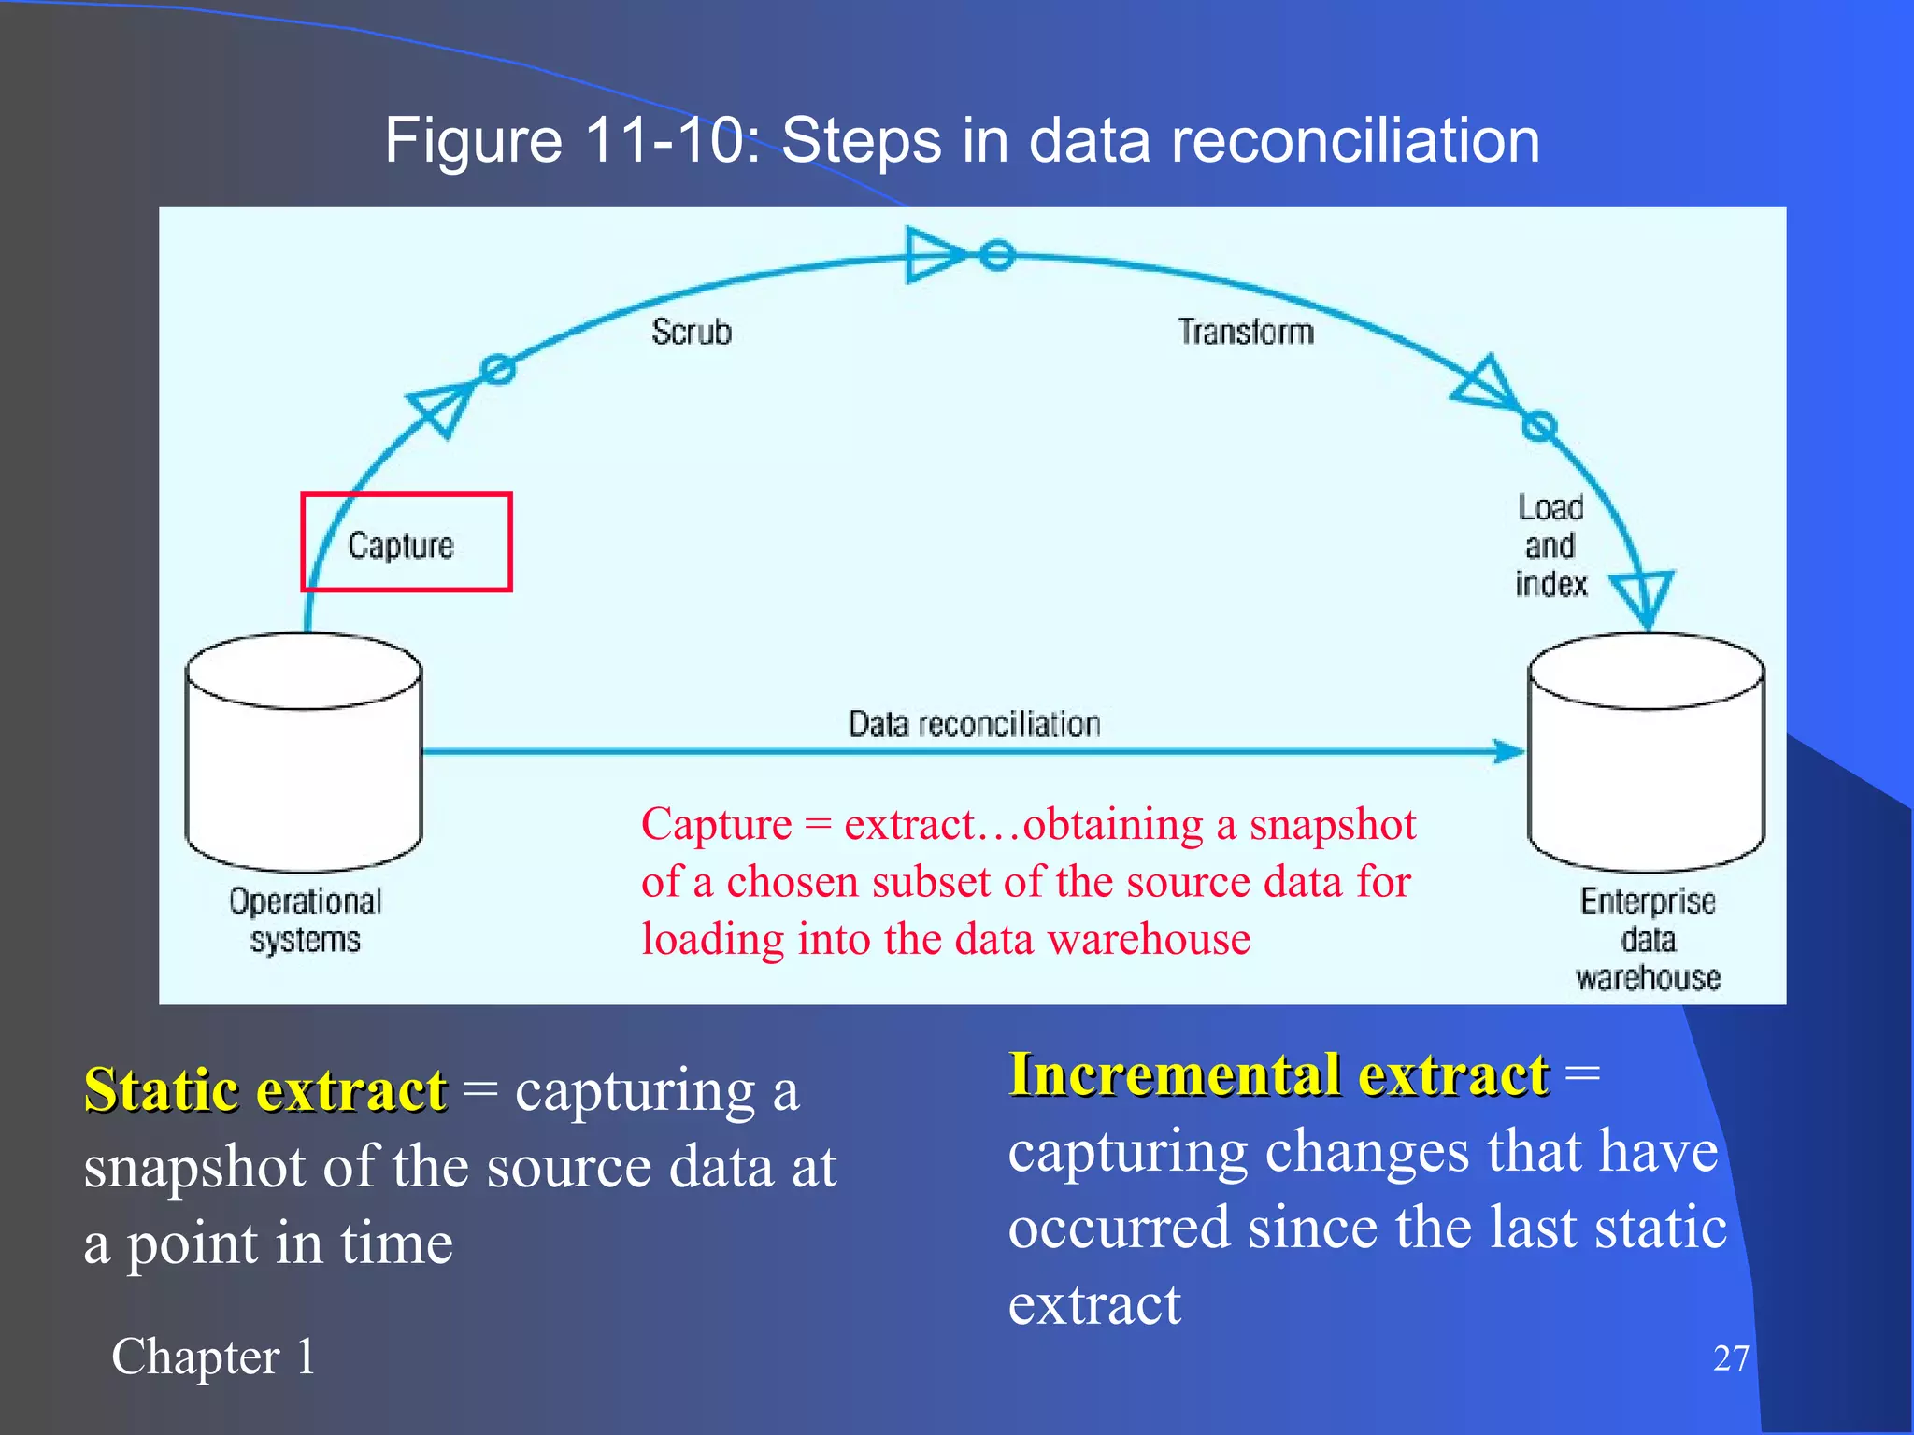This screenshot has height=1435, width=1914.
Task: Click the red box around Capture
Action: point(406,542)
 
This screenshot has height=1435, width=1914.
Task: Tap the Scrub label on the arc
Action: point(692,332)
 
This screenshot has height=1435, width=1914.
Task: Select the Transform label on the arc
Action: point(1246,332)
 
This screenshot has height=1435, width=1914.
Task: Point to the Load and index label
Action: point(1550,546)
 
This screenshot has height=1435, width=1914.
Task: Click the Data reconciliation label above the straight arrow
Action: point(974,724)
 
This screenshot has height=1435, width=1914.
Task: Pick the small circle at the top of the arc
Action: point(997,254)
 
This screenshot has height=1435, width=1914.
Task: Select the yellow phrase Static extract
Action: point(265,1089)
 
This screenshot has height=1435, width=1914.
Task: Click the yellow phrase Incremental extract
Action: point(1278,1073)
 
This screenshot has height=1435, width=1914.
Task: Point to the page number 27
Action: point(1731,1358)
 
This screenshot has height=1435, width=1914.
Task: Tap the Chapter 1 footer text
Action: point(213,1357)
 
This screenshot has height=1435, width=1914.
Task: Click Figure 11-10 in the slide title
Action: point(572,141)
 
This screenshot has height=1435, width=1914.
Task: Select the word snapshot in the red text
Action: point(1333,824)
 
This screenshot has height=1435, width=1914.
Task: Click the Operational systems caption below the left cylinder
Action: point(305,920)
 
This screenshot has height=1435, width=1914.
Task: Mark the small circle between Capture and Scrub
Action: point(498,369)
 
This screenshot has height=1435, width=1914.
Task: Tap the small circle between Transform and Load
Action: point(1539,426)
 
